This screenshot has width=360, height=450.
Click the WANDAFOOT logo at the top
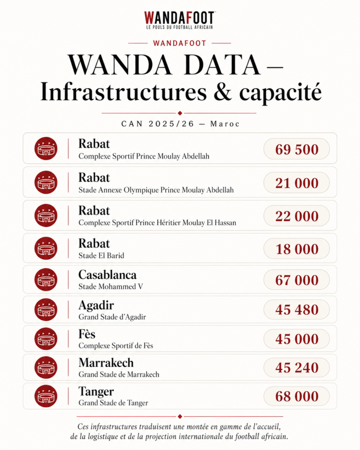[x=179, y=20]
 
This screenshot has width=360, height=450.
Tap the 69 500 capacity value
[x=297, y=149]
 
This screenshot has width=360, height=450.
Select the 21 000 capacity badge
[x=297, y=183]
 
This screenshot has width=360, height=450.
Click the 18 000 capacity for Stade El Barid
[x=297, y=249]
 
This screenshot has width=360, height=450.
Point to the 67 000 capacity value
[x=297, y=280]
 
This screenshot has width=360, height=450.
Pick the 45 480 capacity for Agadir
[x=297, y=309]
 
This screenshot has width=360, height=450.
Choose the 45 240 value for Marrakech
[x=297, y=367]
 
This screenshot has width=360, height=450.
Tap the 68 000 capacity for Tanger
[x=297, y=396]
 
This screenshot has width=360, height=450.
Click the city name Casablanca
[x=107, y=275]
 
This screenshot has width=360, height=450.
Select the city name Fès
[x=87, y=334]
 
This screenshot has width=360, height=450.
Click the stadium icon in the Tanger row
[x=46, y=396]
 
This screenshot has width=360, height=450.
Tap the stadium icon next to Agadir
[x=46, y=309]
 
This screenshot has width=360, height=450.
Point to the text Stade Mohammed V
[x=110, y=287]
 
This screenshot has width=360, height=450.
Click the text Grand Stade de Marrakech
[x=119, y=375]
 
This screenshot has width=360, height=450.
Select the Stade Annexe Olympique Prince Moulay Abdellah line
[x=156, y=190]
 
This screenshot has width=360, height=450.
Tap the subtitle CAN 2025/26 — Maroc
[x=180, y=124]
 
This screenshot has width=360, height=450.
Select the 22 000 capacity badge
[x=297, y=216]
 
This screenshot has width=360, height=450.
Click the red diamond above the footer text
[x=180, y=416]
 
